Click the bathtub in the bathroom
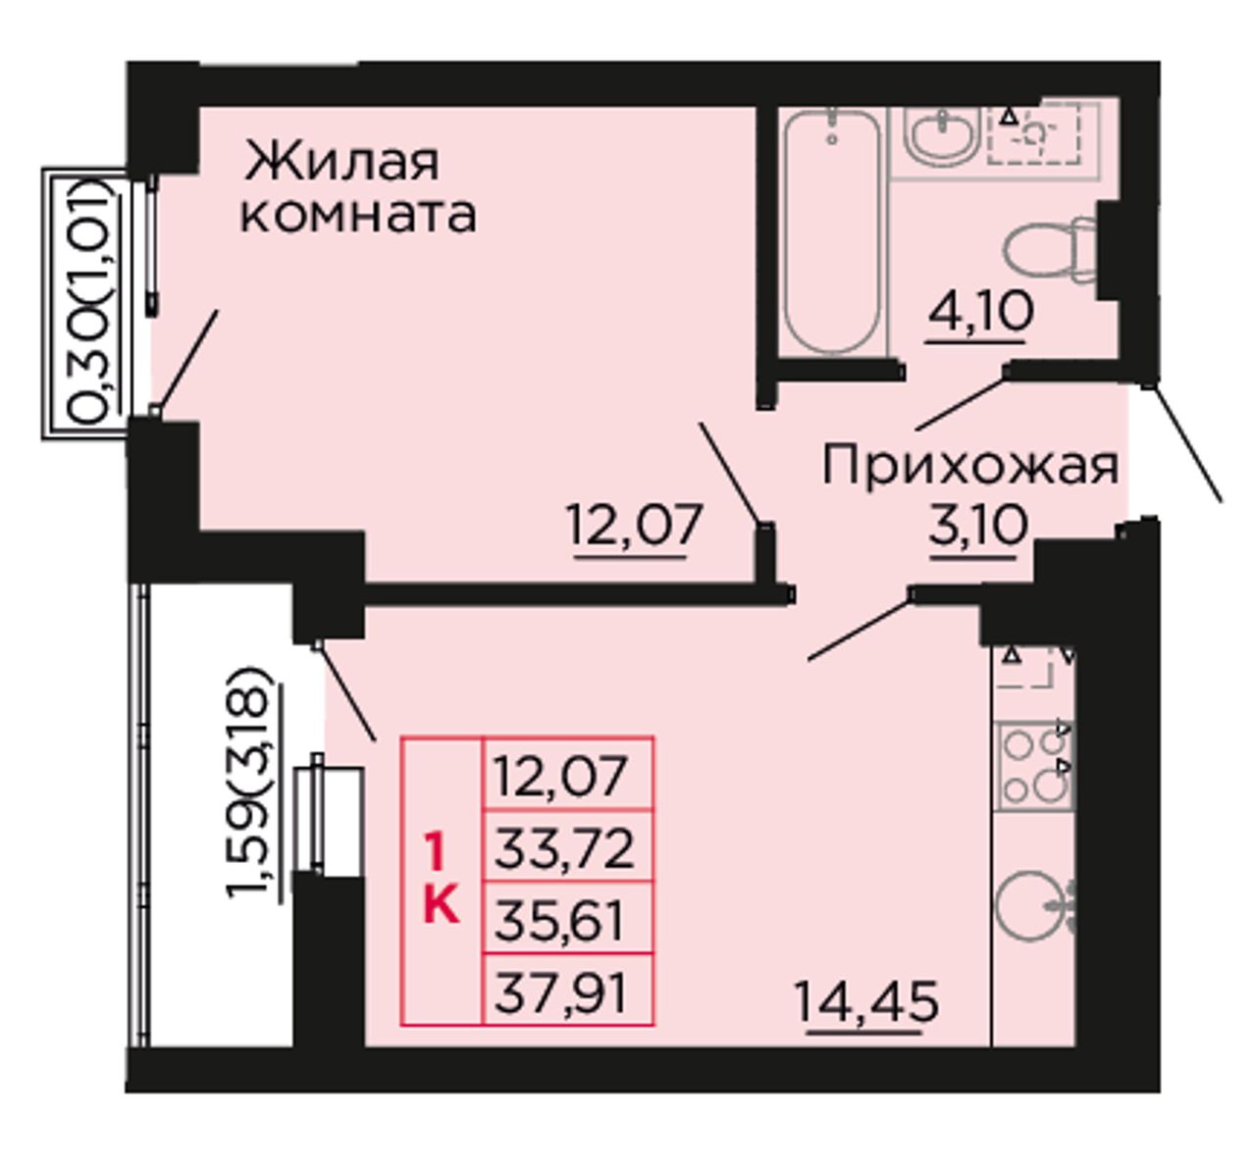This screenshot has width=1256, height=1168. point(832,230)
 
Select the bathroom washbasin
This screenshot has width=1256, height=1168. point(942,134)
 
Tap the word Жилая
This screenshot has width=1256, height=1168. point(341,162)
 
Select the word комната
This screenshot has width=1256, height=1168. point(358,216)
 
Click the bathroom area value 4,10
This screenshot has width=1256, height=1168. point(979,313)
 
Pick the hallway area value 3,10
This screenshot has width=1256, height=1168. point(977,526)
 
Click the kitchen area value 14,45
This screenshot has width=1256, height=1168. point(865,1002)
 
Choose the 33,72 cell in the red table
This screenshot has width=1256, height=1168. point(567,848)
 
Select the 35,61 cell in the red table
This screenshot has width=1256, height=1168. point(567,920)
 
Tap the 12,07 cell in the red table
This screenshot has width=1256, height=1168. point(567,775)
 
